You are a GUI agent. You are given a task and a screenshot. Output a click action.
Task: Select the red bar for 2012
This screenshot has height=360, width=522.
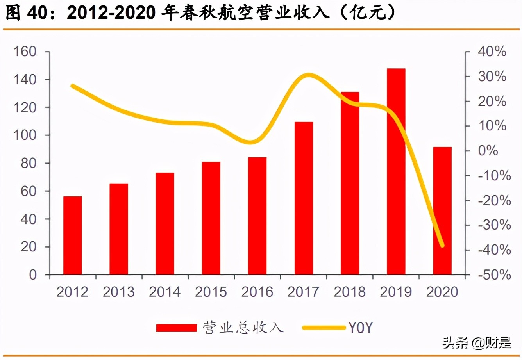point(73,235)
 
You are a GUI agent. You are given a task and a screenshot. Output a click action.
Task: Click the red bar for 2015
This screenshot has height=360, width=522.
point(211,218)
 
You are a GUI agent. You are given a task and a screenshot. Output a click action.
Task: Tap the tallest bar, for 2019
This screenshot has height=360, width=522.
point(396,172)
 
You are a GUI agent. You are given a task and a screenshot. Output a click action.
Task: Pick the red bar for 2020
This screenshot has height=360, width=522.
point(442,211)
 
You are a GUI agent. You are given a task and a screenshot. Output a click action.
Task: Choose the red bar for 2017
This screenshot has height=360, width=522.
point(304,198)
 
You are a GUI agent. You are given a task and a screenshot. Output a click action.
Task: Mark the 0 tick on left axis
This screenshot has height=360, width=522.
point(33,275)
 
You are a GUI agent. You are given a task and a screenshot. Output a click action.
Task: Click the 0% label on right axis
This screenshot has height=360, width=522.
point(488,151)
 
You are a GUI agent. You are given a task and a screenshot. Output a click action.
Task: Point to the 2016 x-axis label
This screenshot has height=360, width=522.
point(257,292)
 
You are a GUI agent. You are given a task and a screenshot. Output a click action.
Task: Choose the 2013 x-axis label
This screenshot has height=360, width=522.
point(119,292)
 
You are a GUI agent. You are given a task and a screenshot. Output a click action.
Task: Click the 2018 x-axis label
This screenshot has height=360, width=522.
point(350,292)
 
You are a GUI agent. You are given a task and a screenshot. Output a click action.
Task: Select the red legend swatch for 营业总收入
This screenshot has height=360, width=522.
point(177,328)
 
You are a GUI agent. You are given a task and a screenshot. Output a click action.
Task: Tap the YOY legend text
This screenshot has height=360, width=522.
point(360,328)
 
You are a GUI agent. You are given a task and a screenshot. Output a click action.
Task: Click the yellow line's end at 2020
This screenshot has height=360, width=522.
point(442,245)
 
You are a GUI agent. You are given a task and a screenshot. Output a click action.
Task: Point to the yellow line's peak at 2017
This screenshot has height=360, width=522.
point(309,75)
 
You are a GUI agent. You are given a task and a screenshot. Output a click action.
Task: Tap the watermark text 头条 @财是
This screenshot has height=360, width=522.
point(477,343)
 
